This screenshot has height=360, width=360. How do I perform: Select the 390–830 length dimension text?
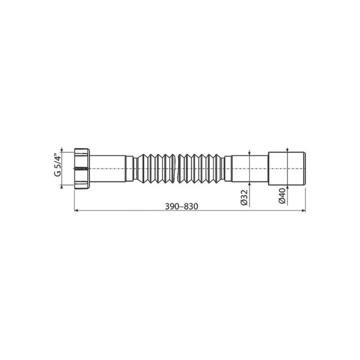[180, 205]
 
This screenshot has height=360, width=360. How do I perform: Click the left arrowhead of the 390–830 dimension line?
[76, 211]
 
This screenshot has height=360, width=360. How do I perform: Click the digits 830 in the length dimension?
[191, 205]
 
